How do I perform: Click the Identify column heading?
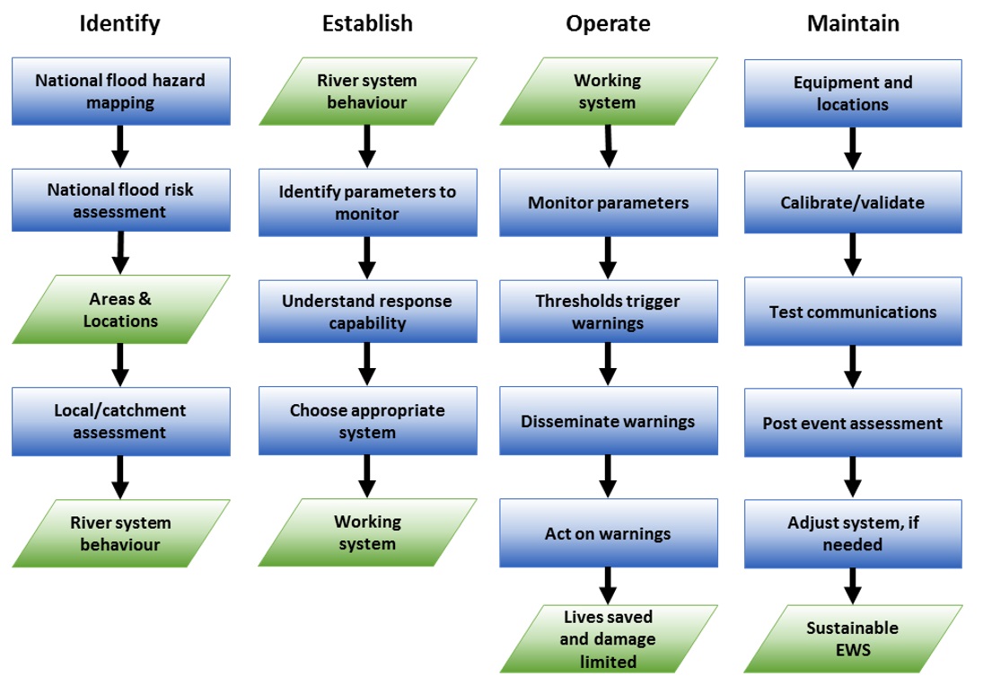pos(119,24)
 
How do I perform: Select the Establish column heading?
pos(367,24)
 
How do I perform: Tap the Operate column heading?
pos(607,24)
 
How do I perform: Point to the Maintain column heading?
pos(853,24)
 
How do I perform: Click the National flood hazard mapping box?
pos(120,92)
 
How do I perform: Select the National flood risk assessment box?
pos(120,201)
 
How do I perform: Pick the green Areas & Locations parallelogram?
pos(120,310)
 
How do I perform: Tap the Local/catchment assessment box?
pos(120,421)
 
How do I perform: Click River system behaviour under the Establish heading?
pos(367,92)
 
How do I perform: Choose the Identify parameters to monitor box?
pos(367,203)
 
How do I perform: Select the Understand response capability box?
pos(367,312)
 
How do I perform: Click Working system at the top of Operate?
pos(608,92)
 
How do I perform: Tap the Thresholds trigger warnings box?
pos(608,312)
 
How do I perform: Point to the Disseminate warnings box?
pos(608,421)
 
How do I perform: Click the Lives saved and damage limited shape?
pos(608,639)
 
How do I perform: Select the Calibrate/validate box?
pos(853,203)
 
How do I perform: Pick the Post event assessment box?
pos(853,423)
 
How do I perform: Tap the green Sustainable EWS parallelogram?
pos(853,638)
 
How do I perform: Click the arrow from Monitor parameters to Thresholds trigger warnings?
pos(608,259)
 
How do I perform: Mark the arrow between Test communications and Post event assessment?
pos(853,366)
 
